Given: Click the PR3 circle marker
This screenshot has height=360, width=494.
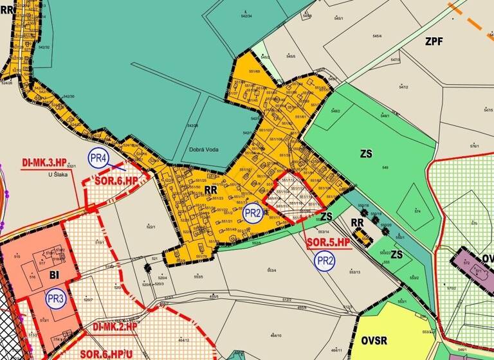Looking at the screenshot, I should point(55,298).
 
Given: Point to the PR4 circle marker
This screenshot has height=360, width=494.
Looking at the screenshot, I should point(98,159).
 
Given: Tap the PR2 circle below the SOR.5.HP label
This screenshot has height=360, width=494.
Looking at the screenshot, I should point(325,260).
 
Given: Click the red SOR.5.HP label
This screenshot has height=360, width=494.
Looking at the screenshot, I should point(327,242).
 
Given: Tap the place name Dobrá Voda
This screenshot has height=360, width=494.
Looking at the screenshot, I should point(205,150).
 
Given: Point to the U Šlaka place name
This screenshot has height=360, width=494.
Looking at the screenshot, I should point(58,174).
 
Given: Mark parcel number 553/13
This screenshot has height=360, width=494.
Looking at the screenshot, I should point(354,272).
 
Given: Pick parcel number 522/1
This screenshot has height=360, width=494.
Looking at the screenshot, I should point(151,227).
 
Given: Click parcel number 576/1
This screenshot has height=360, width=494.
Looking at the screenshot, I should point(475,147).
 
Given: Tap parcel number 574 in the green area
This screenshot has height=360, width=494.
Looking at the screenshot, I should point(417,211).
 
